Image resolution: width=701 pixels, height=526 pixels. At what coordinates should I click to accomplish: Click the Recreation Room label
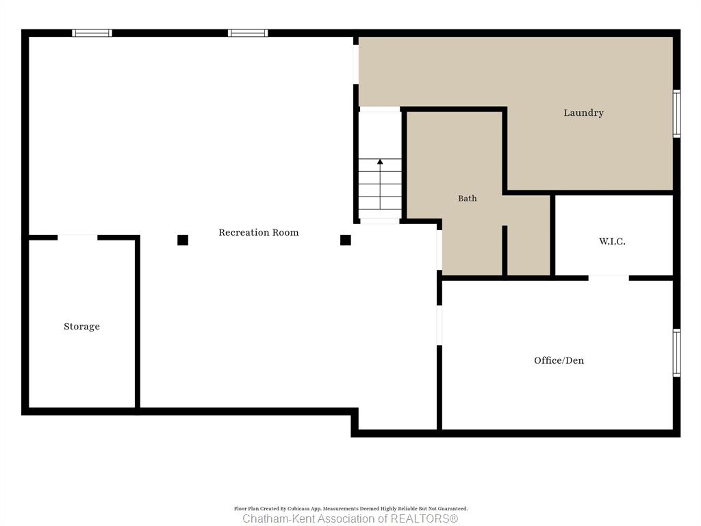point(258,232)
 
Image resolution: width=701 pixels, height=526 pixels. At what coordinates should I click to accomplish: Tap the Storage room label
point(82,327)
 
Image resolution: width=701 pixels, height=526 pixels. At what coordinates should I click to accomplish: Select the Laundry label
point(583,113)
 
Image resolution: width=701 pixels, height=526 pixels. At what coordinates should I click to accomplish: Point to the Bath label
point(467,198)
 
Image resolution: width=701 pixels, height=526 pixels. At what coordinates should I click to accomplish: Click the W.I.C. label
point(612,242)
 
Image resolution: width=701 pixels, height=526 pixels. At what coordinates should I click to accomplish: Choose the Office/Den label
point(559,360)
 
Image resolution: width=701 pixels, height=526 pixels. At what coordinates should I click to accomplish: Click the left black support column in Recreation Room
point(182,240)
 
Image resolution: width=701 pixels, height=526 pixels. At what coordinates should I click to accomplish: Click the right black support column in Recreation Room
point(345,240)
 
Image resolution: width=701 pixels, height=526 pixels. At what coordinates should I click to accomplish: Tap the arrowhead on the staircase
point(380,162)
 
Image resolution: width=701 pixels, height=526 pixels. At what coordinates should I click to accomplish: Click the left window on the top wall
point(92,33)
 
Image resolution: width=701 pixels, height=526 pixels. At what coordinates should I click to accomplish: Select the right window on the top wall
point(248,33)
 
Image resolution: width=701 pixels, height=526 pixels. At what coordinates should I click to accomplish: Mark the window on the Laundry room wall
point(677,114)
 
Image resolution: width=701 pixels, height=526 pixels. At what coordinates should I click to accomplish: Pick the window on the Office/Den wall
point(677,353)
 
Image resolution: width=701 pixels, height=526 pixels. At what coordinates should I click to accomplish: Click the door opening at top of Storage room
point(77,238)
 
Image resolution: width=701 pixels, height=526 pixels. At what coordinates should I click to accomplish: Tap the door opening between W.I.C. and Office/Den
point(609,278)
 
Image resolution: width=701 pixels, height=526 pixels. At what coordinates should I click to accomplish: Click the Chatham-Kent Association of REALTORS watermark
point(350,518)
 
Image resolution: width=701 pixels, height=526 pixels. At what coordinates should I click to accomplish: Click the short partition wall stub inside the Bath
point(505,251)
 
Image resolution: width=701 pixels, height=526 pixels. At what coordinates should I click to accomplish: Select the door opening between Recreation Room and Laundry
point(356,64)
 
